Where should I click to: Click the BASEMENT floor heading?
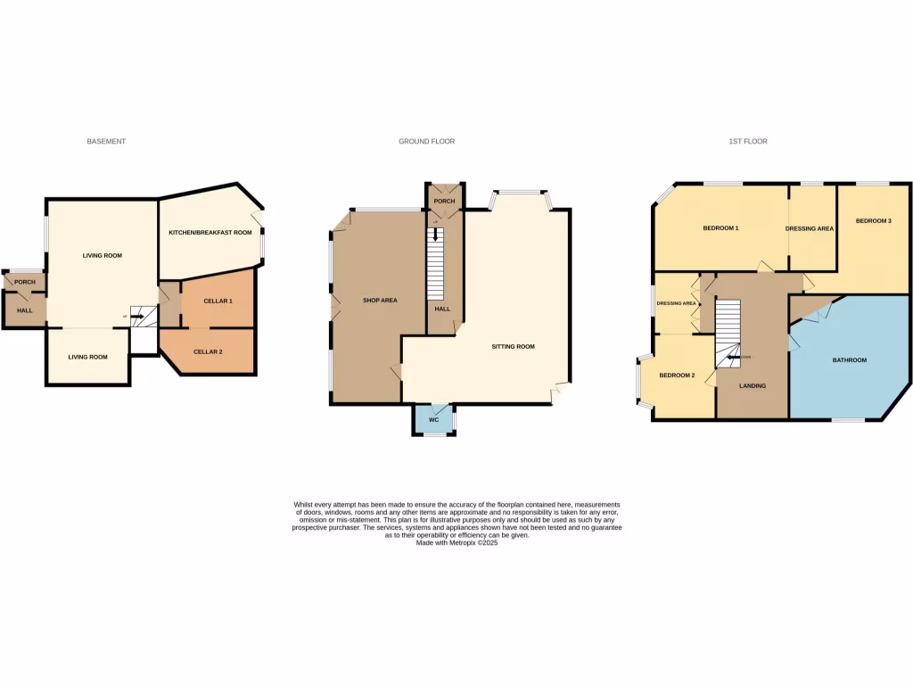(x=106, y=142)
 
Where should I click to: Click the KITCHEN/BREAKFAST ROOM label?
(x=210, y=233)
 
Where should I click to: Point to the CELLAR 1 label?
(x=218, y=301)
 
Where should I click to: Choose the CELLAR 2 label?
(x=208, y=352)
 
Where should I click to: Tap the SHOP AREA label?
(x=380, y=301)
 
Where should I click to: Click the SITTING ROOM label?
(x=513, y=346)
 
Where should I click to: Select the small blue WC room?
(x=433, y=419)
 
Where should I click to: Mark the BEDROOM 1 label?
(x=720, y=228)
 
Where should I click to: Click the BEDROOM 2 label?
(x=677, y=376)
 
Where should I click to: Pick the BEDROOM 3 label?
(x=873, y=220)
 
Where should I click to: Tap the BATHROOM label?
(x=849, y=360)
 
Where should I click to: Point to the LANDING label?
(x=753, y=386)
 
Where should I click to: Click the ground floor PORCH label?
(x=444, y=202)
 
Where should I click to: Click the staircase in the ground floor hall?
(x=435, y=268)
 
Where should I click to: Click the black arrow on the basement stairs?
(x=136, y=316)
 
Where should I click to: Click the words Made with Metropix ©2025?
(x=456, y=543)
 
